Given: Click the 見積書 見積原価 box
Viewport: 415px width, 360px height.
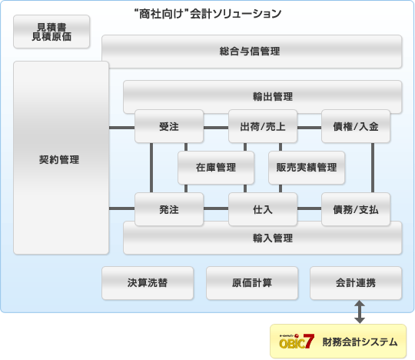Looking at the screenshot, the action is pyautogui.click(x=51, y=32).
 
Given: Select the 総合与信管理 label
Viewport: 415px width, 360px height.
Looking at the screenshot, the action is pyautogui.click(x=250, y=51).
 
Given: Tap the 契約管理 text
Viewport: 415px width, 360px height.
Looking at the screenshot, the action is pyautogui.click(x=59, y=160).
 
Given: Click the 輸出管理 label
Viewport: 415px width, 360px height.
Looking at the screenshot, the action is pyautogui.click(x=273, y=96).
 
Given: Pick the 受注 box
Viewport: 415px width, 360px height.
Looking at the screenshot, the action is pyautogui.click(x=169, y=126).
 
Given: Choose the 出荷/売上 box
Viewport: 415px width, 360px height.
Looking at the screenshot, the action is pyautogui.click(x=263, y=126).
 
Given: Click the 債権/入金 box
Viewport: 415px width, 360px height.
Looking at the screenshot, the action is pyautogui.click(x=356, y=126).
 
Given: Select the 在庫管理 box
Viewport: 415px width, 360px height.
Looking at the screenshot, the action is pyautogui.click(x=216, y=168).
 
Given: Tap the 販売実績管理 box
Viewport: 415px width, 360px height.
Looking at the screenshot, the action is pyautogui.click(x=307, y=168).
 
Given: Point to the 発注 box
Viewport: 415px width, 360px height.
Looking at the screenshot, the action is pyautogui.click(x=169, y=209).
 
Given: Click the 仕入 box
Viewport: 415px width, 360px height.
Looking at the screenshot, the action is pyautogui.click(x=263, y=209).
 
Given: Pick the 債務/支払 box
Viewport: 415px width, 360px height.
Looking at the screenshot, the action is pyautogui.click(x=356, y=209).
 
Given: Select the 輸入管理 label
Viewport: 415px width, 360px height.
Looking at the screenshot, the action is pyautogui.click(x=273, y=238).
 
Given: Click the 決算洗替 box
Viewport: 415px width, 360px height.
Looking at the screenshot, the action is pyautogui.click(x=148, y=283).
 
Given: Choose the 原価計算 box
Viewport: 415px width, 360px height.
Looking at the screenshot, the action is pyautogui.click(x=252, y=283).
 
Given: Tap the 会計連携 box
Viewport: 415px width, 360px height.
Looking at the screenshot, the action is pyautogui.click(x=356, y=283).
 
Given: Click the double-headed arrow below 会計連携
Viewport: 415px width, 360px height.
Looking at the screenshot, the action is pyautogui.click(x=360, y=312).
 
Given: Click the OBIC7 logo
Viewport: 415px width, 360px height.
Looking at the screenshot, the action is pyautogui.click(x=297, y=342).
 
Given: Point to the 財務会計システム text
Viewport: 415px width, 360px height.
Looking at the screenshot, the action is pyautogui.click(x=360, y=342).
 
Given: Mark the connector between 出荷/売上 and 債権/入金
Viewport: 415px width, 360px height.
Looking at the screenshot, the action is pyautogui.click(x=310, y=128).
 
